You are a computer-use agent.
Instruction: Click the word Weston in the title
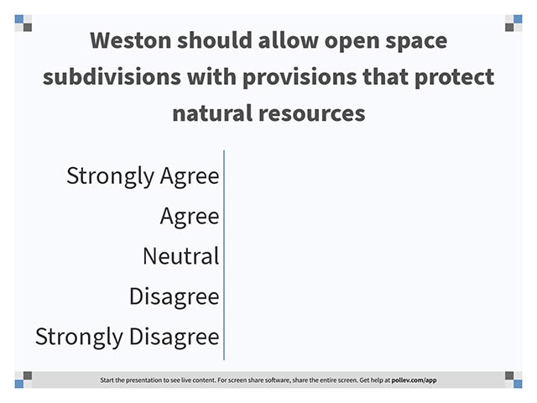click(x=131, y=40)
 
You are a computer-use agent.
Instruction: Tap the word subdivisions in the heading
click(x=112, y=76)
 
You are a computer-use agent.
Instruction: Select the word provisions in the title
click(x=300, y=77)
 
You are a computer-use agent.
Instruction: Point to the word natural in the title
click(x=212, y=113)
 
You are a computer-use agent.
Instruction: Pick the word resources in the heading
click(x=312, y=114)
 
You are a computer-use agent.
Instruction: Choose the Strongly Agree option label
click(x=143, y=176)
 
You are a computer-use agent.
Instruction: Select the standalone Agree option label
click(x=190, y=217)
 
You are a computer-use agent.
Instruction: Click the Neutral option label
click(x=181, y=256)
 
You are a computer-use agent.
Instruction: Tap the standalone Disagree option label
click(x=174, y=296)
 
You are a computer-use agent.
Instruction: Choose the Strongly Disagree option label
click(x=127, y=337)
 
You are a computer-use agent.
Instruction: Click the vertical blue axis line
click(x=224, y=255)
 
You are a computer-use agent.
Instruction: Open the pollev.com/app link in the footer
click(x=414, y=380)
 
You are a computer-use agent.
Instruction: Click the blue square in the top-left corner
click(x=19, y=18)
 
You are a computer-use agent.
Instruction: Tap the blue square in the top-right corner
click(x=518, y=18)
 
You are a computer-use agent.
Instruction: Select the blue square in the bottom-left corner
click(x=19, y=384)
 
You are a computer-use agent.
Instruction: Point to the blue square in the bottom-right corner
click(x=518, y=384)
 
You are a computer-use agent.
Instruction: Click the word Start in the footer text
click(x=107, y=380)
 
